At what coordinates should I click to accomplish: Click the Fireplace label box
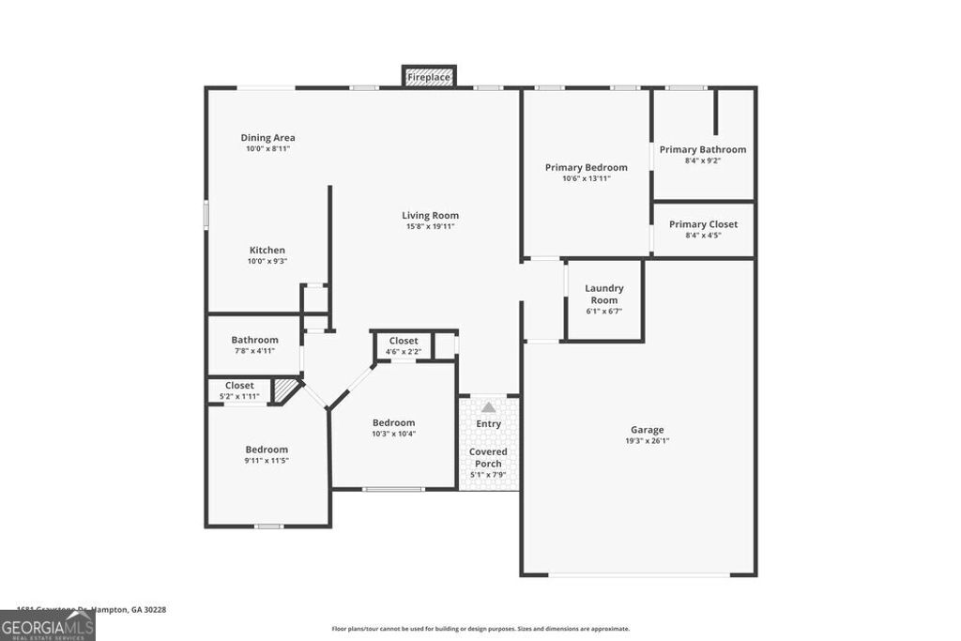(x=429, y=77)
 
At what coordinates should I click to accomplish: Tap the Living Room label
(x=430, y=216)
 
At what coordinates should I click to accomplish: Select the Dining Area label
(x=267, y=138)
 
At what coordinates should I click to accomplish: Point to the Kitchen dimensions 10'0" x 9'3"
(x=267, y=261)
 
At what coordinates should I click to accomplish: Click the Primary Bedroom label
(x=586, y=168)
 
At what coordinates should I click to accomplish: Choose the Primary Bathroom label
(x=702, y=149)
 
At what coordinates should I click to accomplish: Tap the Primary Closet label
(x=702, y=224)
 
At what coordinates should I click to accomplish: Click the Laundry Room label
(x=603, y=294)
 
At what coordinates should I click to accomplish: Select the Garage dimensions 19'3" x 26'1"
(x=647, y=441)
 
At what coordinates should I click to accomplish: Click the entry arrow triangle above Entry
(x=488, y=407)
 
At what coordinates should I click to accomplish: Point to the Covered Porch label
(x=488, y=457)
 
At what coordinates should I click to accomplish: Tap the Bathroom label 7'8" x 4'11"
(x=254, y=340)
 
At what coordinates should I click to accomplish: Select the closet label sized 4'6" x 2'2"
(x=404, y=341)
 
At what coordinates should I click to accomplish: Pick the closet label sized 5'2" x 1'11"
(x=238, y=386)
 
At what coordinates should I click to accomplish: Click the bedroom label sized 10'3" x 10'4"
(x=393, y=422)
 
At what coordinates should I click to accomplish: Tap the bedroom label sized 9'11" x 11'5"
(x=267, y=450)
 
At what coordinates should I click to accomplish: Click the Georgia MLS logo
(x=47, y=626)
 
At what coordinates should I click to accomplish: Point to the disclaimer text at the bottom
(x=480, y=629)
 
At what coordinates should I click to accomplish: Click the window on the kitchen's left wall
(x=206, y=214)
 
